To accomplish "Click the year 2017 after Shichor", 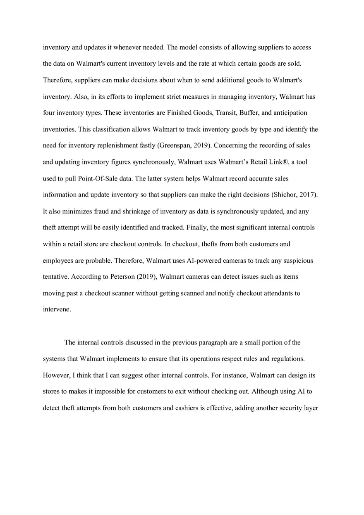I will tap(308, 195).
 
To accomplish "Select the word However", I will tap(56, 375).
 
